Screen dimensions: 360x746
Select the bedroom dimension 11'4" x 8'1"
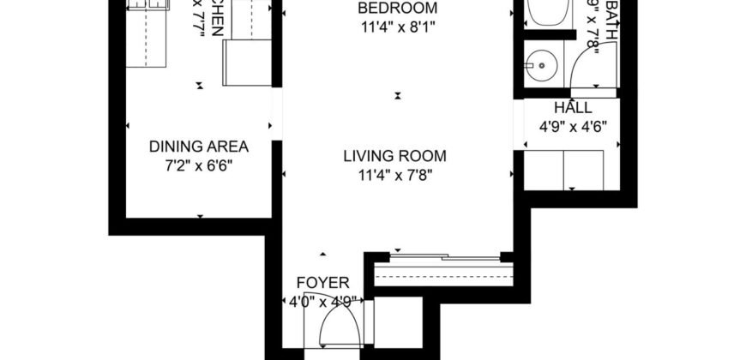point(397,26)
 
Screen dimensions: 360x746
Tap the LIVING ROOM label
point(394,156)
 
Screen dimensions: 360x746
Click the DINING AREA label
point(199,146)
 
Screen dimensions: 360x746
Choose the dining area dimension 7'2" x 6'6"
point(199,164)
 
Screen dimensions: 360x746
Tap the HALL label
point(572,108)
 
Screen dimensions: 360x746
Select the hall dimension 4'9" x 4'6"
point(572,126)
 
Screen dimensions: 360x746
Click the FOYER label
point(322,282)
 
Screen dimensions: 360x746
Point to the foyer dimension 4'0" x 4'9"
point(322,301)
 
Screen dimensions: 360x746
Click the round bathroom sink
point(540,63)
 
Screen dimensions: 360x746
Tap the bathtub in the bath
point(544,13)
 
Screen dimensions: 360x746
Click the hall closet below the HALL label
point(572,168)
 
